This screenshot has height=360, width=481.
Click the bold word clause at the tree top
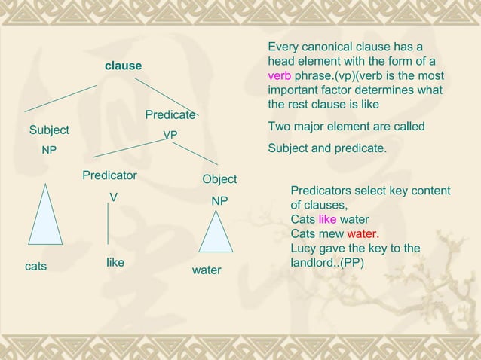click(123, 66)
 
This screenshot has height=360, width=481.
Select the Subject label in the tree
click(49, 130)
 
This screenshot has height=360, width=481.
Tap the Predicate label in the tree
click(170, 115)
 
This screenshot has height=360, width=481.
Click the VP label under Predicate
click(170, 135)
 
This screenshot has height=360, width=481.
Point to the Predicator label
click(109, 175)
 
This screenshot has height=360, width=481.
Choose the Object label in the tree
click(219, 179)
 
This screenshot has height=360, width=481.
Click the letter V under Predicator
click(113, 197)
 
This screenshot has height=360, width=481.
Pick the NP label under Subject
click(49, 150)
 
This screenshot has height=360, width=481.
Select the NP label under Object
click(219, 202)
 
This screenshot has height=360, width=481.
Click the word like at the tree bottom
click(115, 262)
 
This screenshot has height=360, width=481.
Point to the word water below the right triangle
click(206, 270)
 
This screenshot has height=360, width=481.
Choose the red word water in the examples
click(362, 233)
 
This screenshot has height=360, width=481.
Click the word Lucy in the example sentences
click(304, 249)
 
